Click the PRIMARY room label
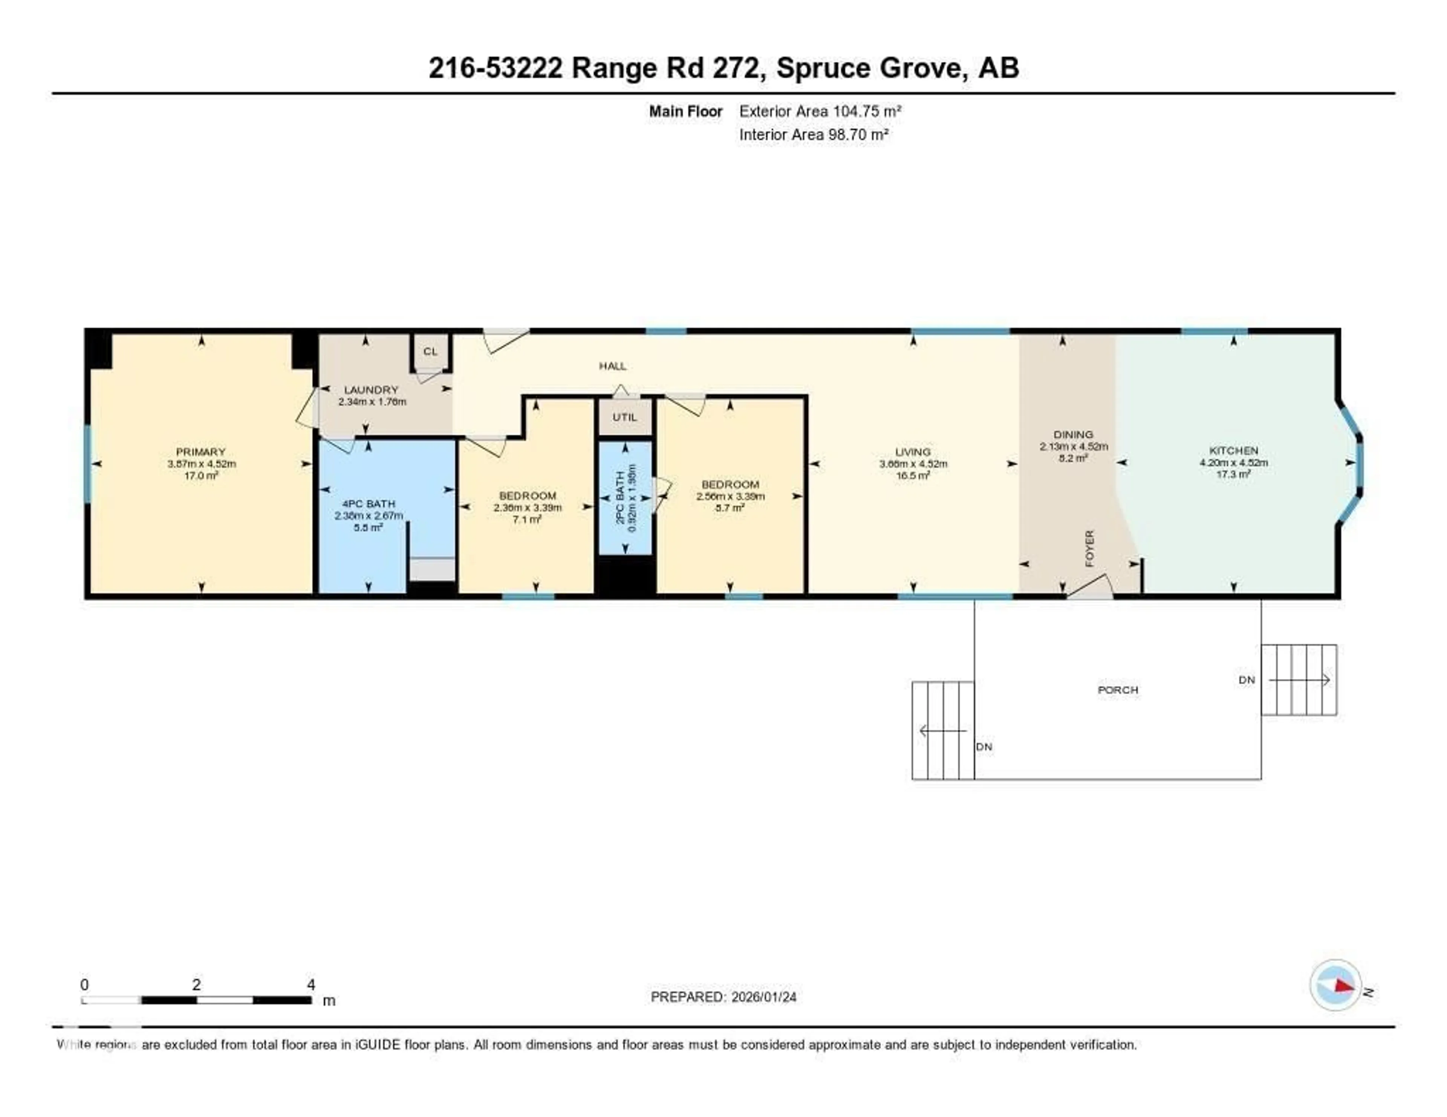201,452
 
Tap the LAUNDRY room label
371,390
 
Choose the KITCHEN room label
1233,450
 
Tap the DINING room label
1073,434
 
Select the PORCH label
1118,690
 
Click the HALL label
612,366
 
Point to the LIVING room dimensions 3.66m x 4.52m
913,464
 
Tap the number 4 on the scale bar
311,984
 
